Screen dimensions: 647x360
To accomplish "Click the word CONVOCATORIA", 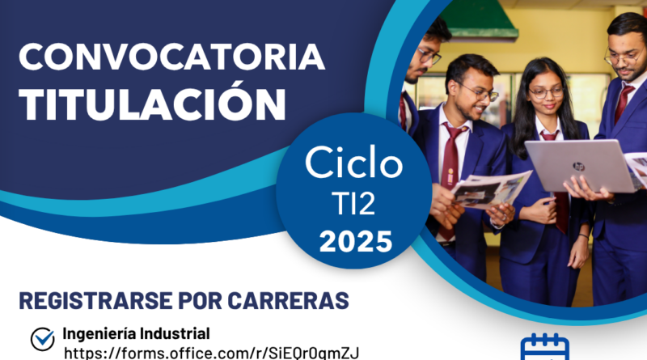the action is click(172, 57).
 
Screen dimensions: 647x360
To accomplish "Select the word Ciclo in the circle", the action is click(353, 163).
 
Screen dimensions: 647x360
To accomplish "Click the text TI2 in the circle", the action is click(353, 204).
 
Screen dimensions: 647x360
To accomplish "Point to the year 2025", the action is click(355, 242).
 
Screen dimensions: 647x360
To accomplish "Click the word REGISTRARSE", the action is click(95, 301).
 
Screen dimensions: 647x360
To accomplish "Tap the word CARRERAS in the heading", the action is click(288, 301).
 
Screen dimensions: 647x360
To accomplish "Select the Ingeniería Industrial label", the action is click(136, 333).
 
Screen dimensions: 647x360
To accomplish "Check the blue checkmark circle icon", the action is click(43, 339).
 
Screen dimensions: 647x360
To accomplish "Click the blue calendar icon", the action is click(544, 348).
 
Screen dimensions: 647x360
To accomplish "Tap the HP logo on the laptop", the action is click(578, 167).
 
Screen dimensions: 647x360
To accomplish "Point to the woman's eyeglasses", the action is click(545, 92).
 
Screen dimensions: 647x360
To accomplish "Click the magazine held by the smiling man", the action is click(491, 190).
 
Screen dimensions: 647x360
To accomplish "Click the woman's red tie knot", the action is click(549, 136).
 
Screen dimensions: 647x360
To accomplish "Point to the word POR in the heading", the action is click(200, 301).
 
